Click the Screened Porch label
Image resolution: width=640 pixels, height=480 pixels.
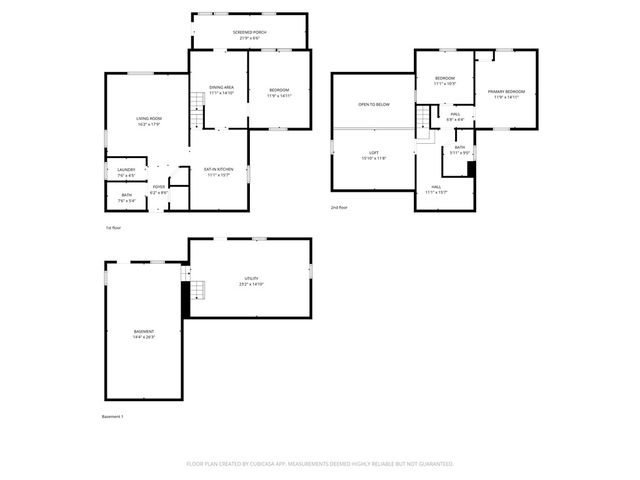coord(249,34)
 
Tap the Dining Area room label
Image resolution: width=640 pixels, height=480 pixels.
coord(220,90)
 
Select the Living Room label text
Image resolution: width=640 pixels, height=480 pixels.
coord(149,121)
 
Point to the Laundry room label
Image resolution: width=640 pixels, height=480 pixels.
coord(126,172)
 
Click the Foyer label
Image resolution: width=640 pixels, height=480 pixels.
coord(158,189)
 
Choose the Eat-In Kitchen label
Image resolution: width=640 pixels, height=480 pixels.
coord(219,172)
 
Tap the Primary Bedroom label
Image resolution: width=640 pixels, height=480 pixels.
coord(506,94)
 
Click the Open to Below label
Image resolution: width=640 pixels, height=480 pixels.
coord(374,104)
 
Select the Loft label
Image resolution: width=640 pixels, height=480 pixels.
coord(373,155)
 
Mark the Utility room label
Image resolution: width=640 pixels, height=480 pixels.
coord(250,281)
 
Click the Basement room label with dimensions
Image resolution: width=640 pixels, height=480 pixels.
coord(144,334)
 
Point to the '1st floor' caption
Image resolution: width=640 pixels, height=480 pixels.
coord(114,228)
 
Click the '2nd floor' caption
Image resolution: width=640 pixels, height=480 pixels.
coord(339,207)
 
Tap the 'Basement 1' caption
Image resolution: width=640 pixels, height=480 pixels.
coord(113,416)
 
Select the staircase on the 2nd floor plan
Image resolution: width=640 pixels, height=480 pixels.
coord(424,120)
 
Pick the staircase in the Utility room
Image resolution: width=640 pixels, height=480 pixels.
coord(197,291)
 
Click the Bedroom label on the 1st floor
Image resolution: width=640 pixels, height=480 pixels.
coord(279,93)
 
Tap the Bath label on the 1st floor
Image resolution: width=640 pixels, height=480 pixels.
coord(127,197)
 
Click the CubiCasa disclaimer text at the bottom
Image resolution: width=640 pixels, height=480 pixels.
coord(320,464)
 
